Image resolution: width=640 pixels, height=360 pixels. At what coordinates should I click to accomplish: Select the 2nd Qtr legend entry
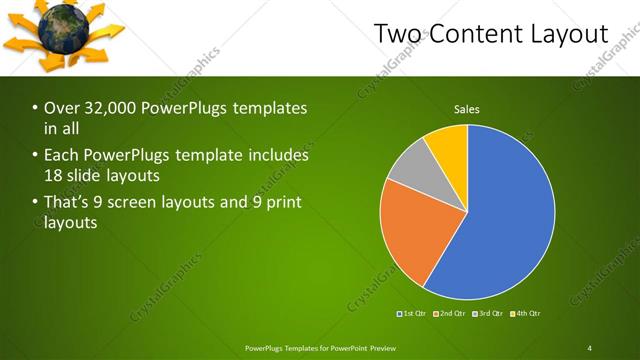[x=451, y=314]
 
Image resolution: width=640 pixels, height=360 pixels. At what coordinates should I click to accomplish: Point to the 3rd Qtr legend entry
[x=490, y=314]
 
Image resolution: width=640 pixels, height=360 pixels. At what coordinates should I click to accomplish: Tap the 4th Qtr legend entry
[x=528, y=314]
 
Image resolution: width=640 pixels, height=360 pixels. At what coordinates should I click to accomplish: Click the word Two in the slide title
[x=397, y=34]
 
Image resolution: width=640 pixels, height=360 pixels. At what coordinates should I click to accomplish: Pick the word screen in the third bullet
[x=166, y=202]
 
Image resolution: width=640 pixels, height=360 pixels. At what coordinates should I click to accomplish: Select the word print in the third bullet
[x=283, y=202]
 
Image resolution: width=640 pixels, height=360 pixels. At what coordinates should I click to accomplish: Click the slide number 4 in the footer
[x=589, y=347]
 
